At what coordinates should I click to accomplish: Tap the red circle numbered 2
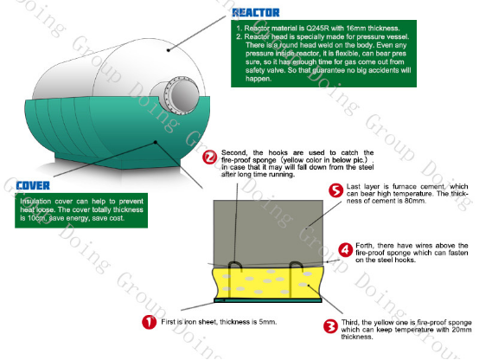pyautogui.click(x=209, y=157)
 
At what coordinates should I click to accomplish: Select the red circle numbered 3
pyautogui.click(x=329, y=326)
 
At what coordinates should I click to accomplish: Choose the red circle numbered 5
pyautogui.click(x=334, y=191)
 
